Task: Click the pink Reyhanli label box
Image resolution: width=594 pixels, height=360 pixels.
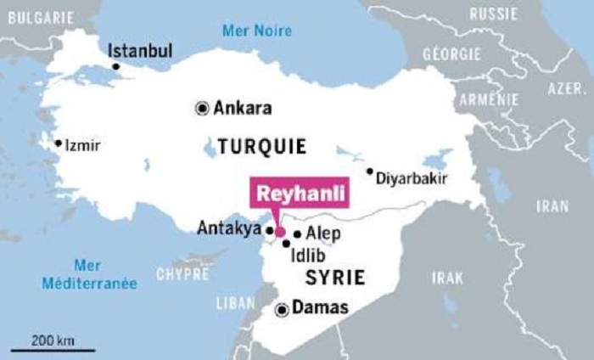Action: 302,194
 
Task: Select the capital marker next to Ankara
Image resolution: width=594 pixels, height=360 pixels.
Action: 202,108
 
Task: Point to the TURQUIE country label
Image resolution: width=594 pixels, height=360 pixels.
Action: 262,146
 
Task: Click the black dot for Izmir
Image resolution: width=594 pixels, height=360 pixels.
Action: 59,143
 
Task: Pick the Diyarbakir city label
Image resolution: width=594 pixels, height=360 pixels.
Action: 412,179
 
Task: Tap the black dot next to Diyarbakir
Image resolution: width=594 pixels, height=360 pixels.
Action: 370,172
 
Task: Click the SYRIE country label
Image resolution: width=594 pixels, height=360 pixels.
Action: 337,277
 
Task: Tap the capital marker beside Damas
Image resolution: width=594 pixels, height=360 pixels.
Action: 282,310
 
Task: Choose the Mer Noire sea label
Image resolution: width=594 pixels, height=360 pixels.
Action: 256,31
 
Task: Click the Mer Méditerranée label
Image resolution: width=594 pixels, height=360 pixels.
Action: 90,274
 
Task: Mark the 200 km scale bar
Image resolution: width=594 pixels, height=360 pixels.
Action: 53,348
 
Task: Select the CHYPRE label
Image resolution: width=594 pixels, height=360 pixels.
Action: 182,274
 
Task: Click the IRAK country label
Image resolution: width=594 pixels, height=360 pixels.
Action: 446,278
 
